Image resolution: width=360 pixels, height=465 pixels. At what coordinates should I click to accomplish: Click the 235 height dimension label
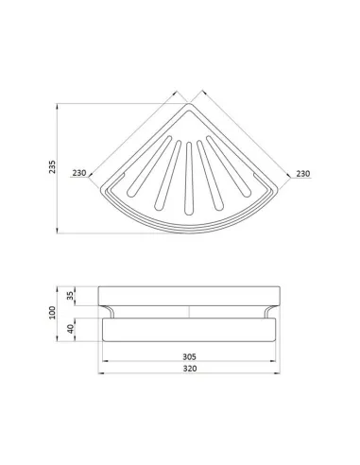(x=52, y=166)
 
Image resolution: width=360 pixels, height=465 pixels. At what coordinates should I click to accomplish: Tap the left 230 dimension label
(x=79, y=173)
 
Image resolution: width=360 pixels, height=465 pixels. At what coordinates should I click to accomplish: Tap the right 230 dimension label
(x=303, y=174)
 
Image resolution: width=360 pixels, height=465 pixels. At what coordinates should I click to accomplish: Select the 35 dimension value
(x=70, y=296)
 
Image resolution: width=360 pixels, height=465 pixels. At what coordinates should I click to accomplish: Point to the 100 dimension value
(x=52, y=313)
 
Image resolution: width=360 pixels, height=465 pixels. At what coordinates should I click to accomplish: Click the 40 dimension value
(x=71, y=329)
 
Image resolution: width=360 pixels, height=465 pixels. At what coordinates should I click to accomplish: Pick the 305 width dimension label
(x=189, y=356)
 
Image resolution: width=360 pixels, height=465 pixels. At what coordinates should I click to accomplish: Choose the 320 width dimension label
(x=190, y=369)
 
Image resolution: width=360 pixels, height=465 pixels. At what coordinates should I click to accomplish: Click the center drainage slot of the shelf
(x=189, y=179)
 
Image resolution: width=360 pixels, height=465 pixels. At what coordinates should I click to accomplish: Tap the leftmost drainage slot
(x=149, y=166)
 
